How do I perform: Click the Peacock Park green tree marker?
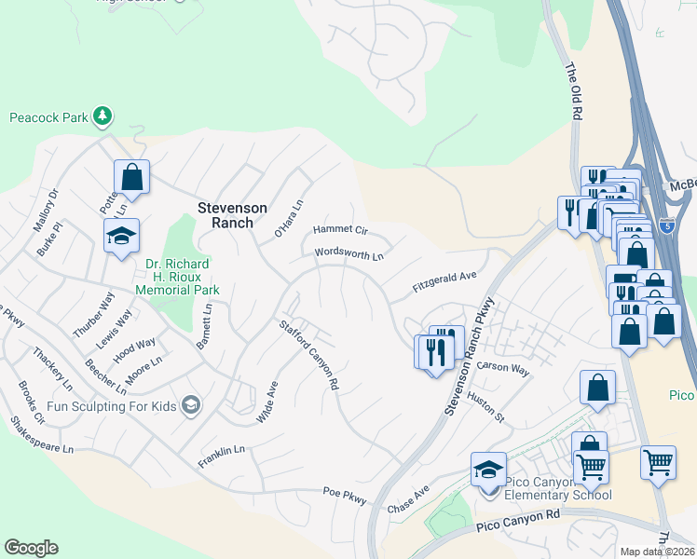[102, 117]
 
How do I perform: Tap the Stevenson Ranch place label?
[232, 215]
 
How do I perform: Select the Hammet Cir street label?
[341, 229]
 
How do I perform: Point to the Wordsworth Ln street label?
[349, 253]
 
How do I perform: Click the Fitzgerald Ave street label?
[444, 281]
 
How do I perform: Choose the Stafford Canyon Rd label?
[308, 354]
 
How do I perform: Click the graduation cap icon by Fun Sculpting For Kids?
[191, 403]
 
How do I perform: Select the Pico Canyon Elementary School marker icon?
[488, 471]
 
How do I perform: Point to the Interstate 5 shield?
[666, 225]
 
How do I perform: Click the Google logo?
[31, 548]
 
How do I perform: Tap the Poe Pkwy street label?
[346, 495]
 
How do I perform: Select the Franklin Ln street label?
[221, 456]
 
